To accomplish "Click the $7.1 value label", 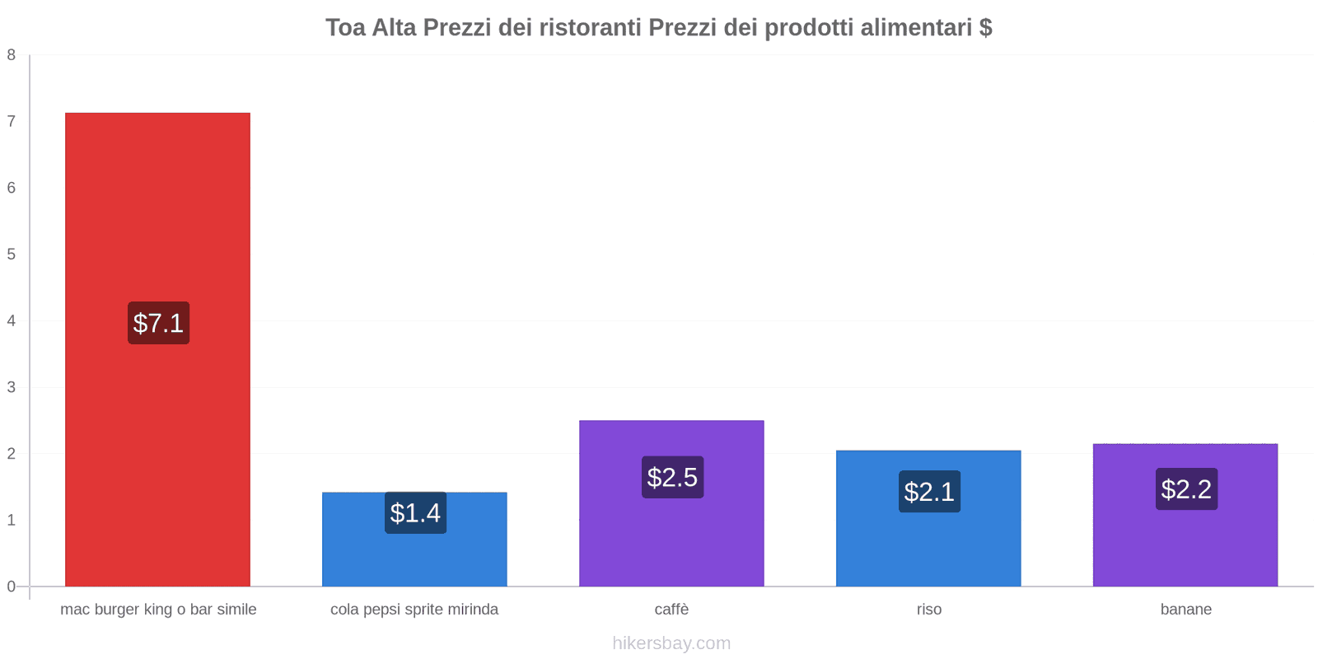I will (x=158, y=323).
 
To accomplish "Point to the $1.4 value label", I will (x=415, y=513).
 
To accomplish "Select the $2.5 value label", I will (x=672, y=477).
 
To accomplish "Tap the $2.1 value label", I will (x=929, y=492).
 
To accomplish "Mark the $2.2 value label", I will (x=1186, y=489).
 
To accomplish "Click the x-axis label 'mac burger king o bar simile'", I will (x=158, y=610).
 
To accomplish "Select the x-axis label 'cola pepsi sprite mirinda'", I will (x=414, y=610).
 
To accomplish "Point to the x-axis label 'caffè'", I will (x=671, y=610).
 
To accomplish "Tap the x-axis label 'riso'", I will (x=928, y=610).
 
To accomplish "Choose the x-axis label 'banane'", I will (x=1185, y=610).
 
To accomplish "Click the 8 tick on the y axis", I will (x=12, y=55).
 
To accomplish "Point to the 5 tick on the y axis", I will (x=12, y=255).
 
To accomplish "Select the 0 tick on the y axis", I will (x=12, y=587).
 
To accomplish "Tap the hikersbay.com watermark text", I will (x=671, y=643).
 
